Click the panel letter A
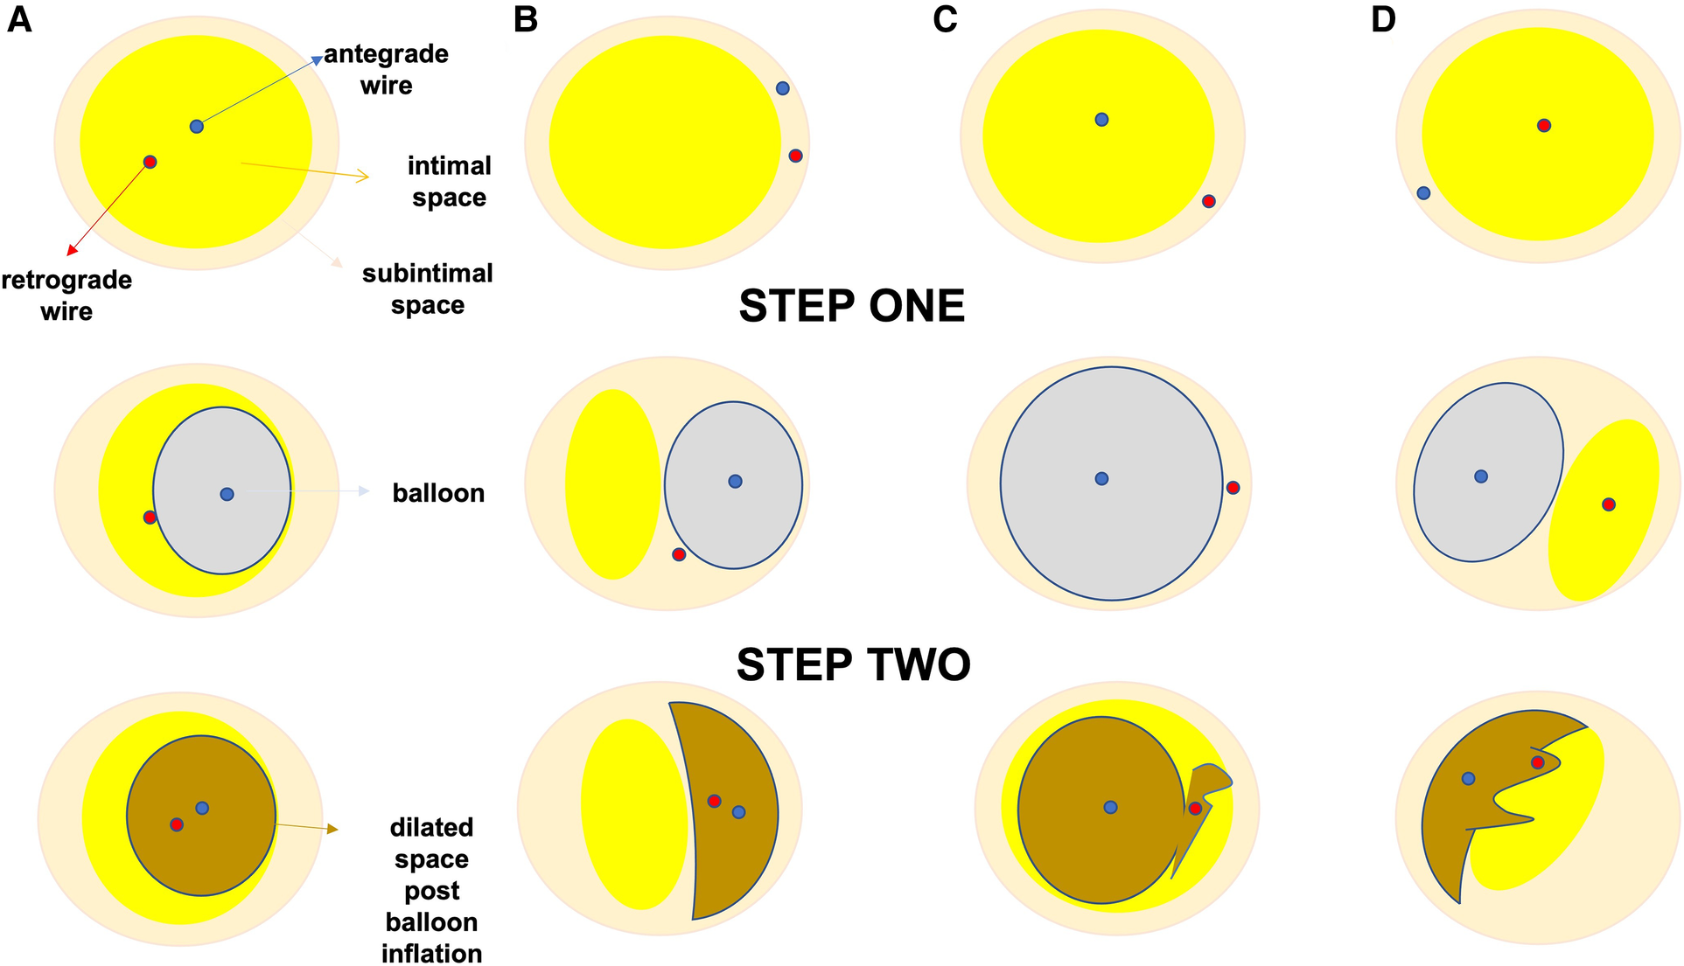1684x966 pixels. (x=19, y=19)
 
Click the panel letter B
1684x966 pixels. (x=526, y=19)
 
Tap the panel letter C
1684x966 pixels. (x=945, y=19)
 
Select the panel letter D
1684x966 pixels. (x=1383, y=19)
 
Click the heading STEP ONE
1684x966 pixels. (x=851, y=306)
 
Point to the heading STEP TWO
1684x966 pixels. (x=853, y=665)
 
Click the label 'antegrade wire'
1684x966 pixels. (x=386, y=70)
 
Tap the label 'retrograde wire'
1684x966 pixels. (x=66, y=295)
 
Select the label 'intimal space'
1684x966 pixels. (x=449, y=182)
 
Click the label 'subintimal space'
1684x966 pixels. (x=427, y=289)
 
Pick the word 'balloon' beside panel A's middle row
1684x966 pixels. (x=438, y=493)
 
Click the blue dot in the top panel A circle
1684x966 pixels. (x=197, y=126)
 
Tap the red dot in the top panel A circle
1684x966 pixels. (x=150, y=162)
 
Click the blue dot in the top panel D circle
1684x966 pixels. (x=1423, y=192)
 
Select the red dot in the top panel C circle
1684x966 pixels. (x=1209, y=201)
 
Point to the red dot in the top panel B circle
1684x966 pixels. (x=795, y=156)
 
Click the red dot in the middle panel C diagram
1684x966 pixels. (x=1233, y=487)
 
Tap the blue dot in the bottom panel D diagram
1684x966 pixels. (x=1469, y=778)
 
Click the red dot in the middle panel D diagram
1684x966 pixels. (x=1609, y=504)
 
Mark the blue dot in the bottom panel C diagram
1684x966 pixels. (x=1111, y=807)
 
